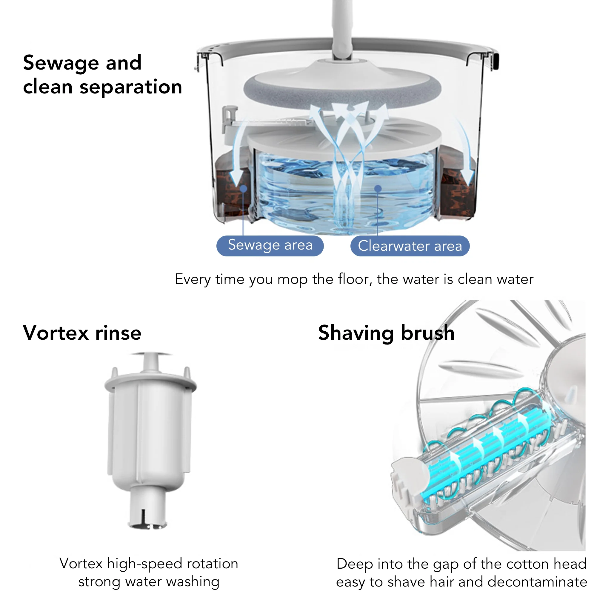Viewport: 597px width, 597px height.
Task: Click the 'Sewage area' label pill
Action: tap(270, 246)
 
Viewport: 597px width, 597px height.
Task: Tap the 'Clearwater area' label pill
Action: tap(410, 246)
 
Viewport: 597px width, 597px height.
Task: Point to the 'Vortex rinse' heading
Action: tap(82, 333)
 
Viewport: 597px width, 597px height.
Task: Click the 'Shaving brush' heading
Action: tap(386, 333)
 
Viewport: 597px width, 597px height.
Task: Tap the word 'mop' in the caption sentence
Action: tap(292, 279)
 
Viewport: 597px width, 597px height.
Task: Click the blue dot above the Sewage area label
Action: tap(244, 188)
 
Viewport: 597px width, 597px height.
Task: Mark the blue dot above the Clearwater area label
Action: tap(378, 188)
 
